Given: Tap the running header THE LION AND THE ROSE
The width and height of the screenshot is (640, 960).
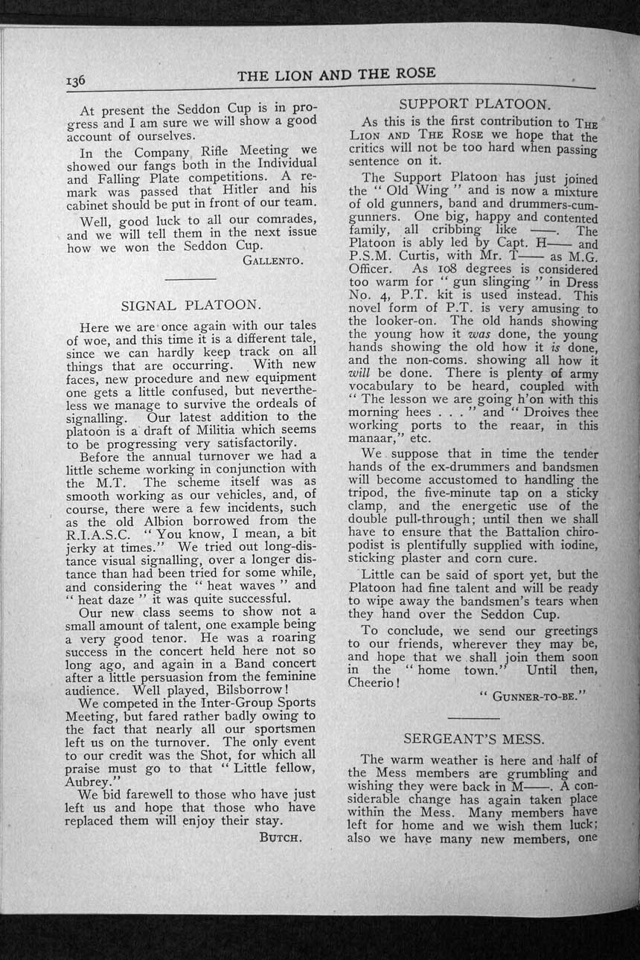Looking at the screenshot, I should (x=336, y=74).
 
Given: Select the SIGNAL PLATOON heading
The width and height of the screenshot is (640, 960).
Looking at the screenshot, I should (x=191, y=304).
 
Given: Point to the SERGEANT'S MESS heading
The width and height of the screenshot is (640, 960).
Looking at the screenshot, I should (x=474, y=739).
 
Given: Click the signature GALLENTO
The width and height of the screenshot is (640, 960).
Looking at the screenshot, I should (x=272, y=260).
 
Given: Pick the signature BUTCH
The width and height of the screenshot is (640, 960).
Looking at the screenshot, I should (x=280, y=836).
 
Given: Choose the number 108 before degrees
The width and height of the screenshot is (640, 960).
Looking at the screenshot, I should (x=444, y=269).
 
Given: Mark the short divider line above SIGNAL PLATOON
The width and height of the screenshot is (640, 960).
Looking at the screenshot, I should (x=189, y=278).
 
